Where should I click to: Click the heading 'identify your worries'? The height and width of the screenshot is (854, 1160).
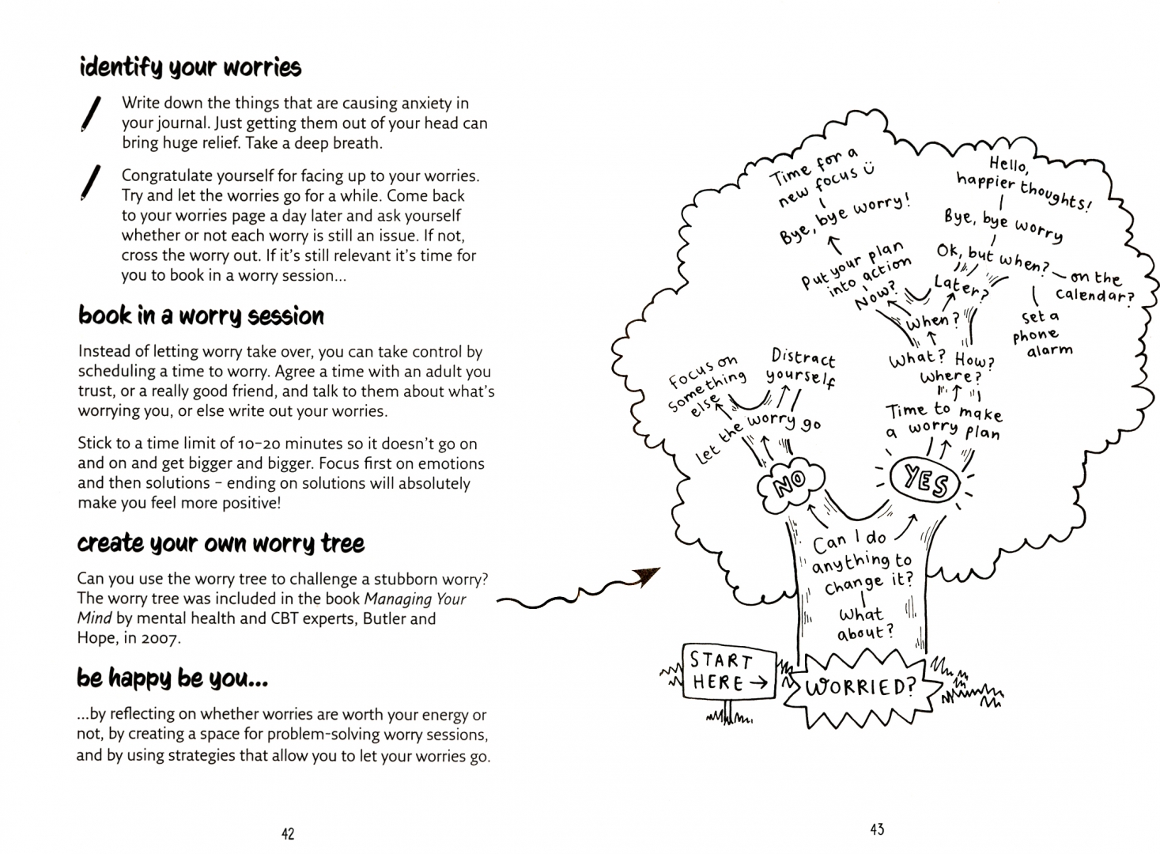(x=190, y=67)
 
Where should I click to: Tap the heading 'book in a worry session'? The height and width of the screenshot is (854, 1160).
(x=201, y=316)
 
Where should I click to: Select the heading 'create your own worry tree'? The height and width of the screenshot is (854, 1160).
(x=221, y=543)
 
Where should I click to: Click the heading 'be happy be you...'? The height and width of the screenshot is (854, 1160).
(x=172, y=678)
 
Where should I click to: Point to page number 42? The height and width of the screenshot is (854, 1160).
(x=288, y=833)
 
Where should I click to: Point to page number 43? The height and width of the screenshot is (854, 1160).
(x=877, y=829)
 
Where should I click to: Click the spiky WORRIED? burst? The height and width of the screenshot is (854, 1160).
(x=860, y=686)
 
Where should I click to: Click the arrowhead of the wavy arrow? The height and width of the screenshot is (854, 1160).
(x=648, y=577)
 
